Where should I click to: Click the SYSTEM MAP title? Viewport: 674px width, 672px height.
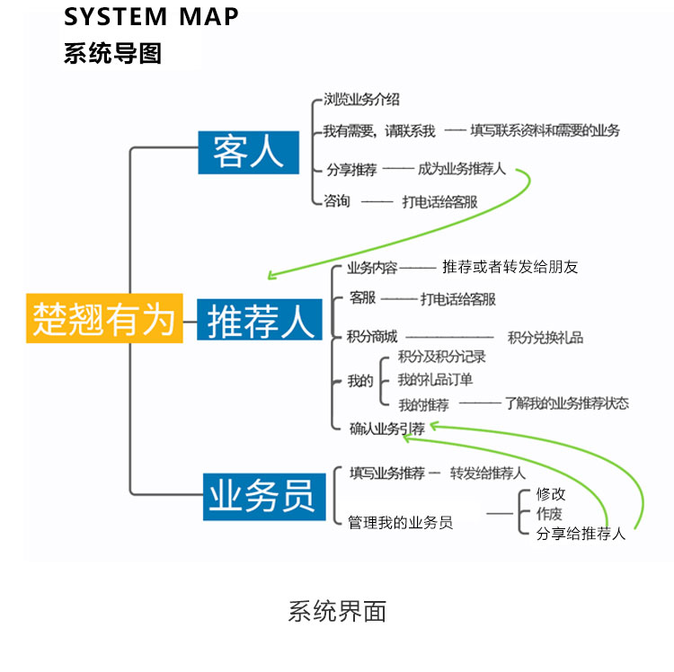151,17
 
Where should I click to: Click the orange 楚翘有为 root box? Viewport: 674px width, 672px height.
104,318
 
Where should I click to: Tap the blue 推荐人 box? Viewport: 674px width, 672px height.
260,320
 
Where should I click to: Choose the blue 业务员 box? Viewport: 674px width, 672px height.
262,495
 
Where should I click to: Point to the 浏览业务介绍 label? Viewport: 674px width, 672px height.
361,100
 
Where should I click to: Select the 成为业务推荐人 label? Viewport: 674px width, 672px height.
461,168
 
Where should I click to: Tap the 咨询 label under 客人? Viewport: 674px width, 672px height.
337,201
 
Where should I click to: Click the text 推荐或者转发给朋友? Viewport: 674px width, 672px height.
510,267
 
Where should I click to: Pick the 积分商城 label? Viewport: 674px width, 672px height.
372,337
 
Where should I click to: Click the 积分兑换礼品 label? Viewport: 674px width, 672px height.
545,337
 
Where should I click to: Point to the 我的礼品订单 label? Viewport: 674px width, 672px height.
435,379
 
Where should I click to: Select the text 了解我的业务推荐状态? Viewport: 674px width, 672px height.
566,402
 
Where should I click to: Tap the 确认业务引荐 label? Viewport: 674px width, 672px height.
387,429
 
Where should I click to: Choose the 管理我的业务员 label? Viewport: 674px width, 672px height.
400,522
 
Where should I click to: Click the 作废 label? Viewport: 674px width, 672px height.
549,514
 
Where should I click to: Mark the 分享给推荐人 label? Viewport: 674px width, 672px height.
581,534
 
